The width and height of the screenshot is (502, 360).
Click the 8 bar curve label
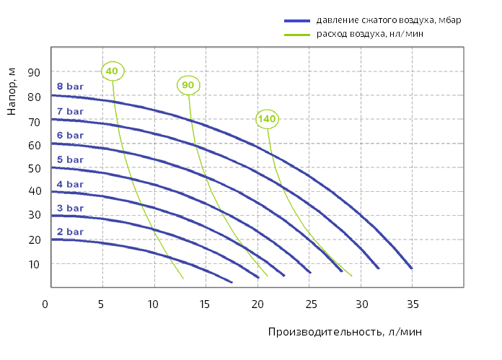tap(70, 87)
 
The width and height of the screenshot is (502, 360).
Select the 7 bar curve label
tap(70, 111)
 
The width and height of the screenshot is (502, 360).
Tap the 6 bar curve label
tap(70, 135)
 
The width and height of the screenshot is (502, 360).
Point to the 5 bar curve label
tap(70, 159)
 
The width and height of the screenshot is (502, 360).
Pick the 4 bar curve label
tap(70, 184)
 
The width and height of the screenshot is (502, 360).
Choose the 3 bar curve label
tap(70, 208)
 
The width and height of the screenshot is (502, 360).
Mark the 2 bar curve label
tap(70, 232)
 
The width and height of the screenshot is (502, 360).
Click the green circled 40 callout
tap(112, 71)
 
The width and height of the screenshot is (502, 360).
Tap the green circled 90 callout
tap(188, 85)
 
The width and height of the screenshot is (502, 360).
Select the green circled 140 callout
tap(267, 118)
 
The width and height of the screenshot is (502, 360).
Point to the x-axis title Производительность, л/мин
tap(345, 331)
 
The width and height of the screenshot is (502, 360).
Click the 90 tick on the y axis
tap(33, 72)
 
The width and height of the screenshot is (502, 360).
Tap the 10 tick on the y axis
tap(33, 264)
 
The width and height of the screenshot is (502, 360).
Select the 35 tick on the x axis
tap(413, 304)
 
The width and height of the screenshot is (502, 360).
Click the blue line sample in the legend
tap(296, 20)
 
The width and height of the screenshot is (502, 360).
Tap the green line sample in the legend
tap(296, 34)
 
